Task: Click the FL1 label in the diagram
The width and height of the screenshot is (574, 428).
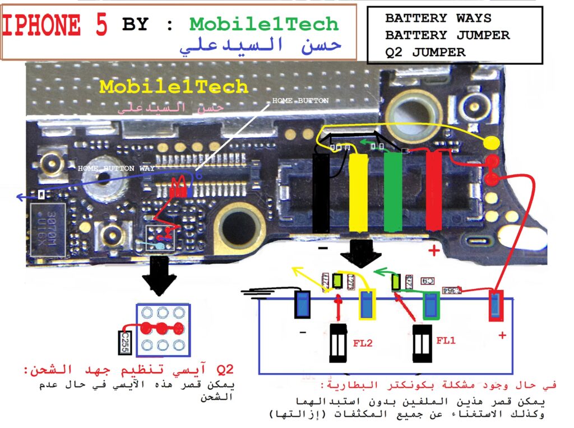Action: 446,341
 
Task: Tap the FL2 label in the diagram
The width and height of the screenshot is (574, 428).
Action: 363,342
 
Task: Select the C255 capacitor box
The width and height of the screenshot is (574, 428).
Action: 125,342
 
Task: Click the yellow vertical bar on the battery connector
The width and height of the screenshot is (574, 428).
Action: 358,190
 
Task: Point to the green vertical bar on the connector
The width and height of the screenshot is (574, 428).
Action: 393,190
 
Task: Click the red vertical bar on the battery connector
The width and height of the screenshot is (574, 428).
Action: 434,190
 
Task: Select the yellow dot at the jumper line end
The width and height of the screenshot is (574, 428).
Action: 491,143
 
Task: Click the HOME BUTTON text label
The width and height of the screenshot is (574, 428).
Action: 300,101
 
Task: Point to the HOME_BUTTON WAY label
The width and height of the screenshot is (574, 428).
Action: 115,168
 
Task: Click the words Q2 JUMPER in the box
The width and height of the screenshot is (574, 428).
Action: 425,53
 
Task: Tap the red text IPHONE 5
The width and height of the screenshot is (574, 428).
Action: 54,25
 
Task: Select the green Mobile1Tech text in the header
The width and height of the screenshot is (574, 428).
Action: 264,24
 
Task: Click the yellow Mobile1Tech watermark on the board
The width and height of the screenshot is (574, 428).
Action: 174,86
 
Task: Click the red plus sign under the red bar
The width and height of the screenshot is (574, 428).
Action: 433,251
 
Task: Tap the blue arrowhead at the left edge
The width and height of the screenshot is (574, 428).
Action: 21,197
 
